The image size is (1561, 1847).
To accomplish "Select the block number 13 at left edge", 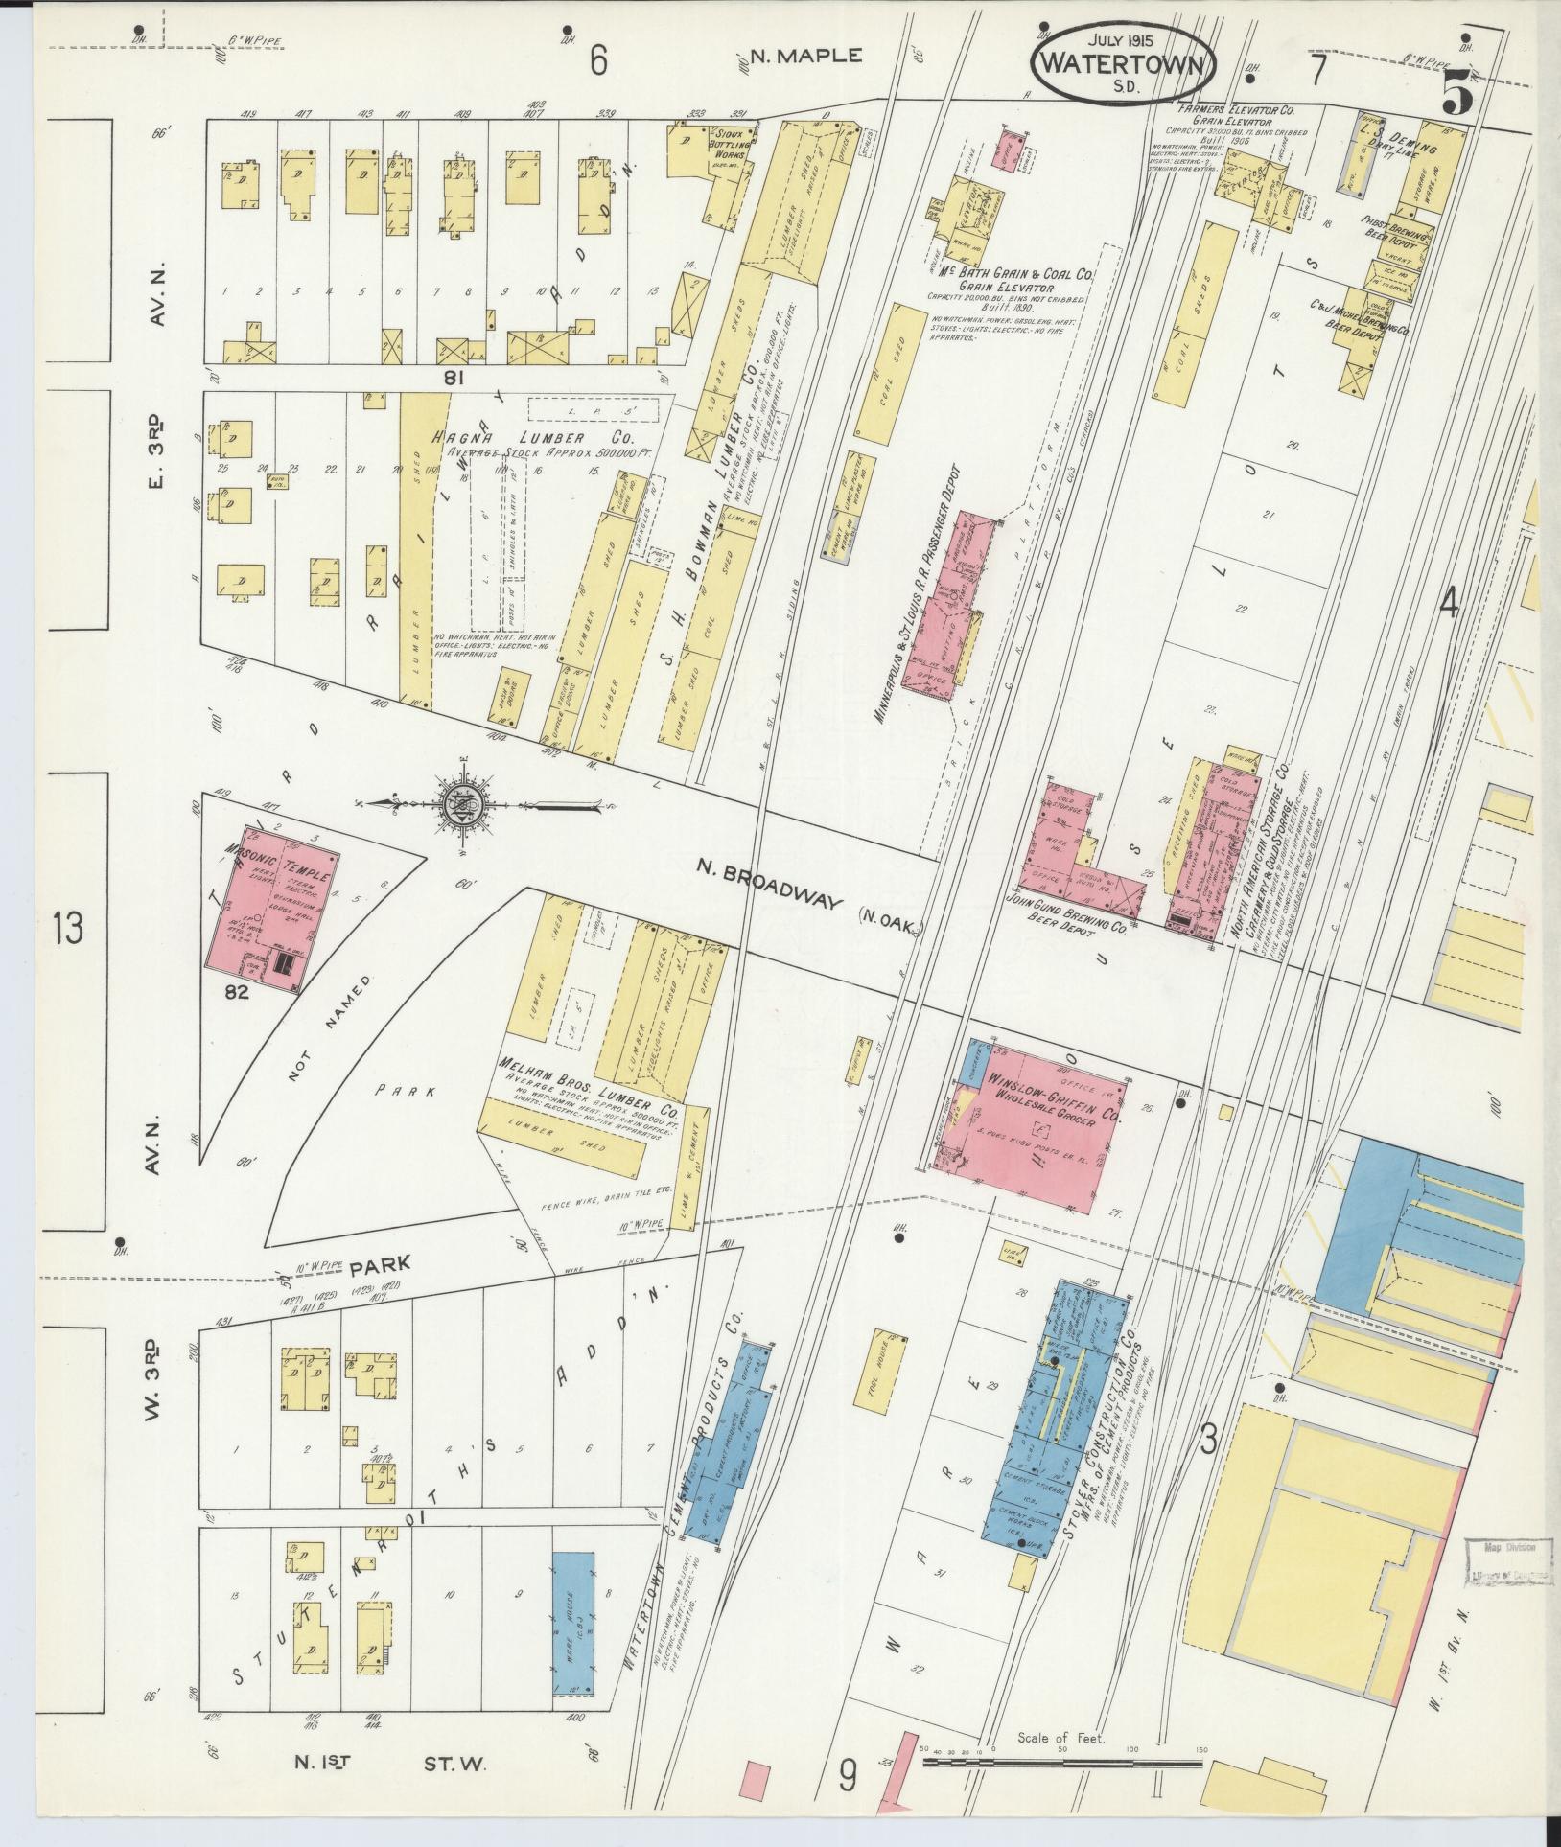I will coord(68,929).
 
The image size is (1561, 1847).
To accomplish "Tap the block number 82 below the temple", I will coord(237,993).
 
